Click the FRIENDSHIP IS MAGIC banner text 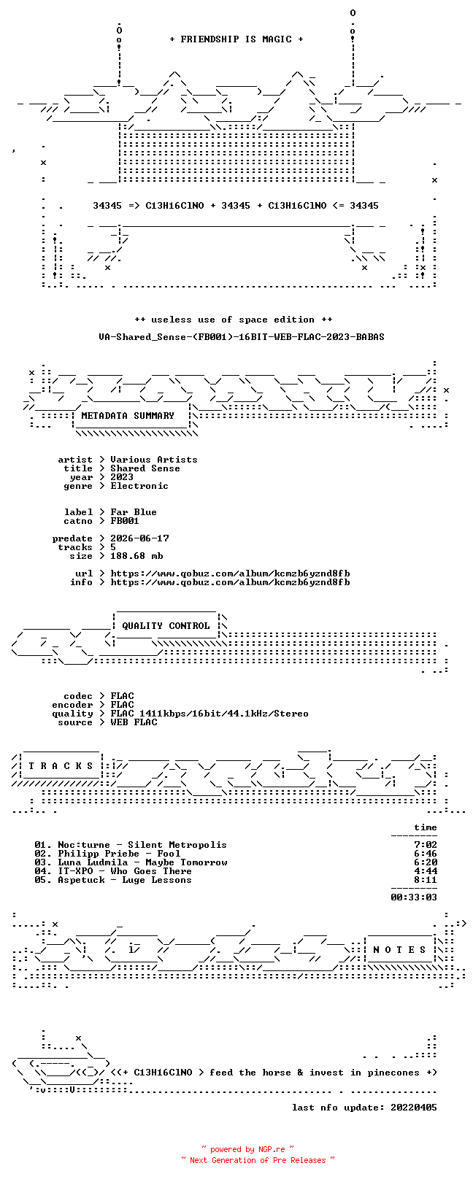tap(236, 39)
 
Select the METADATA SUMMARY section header tap(128, 416)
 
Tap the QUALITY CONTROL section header tap(166, 626)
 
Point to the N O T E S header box tap(399, 950)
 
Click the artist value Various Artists tap(153, 460)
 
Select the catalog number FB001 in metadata tap(125, 521)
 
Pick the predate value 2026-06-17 tap(139, 538)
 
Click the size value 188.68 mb tap(136, 556)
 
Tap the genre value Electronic tap(139, 485)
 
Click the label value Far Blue tap(134, 512)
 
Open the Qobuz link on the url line tap(230, 573)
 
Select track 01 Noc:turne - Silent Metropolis tap(131, 845)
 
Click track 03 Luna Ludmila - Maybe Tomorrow tap(131, 862)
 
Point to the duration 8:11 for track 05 tap(426, 880)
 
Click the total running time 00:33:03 tap(414, 897)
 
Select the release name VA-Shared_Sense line tap(242, 336)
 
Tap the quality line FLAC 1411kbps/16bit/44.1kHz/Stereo tap(209, 714)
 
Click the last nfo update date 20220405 tap(414, 1108)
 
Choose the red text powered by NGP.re tap(248, 1149)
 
